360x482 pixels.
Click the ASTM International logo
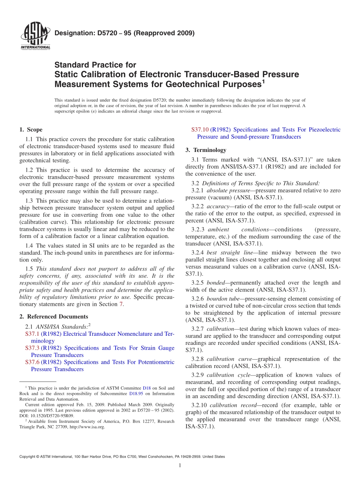pyautogui.click(x=35, y=36)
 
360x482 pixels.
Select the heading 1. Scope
pyautogui.click(x=31, y=130)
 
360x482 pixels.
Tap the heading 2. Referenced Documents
pyautogui.click(x=54, y=316)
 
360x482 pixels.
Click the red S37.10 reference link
pyautogui.click(x=200, y=130)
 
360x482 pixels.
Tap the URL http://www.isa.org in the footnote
pyautogui.click(x=87, y=427)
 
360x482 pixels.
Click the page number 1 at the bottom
pyautogui.click(x=180, y=465)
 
